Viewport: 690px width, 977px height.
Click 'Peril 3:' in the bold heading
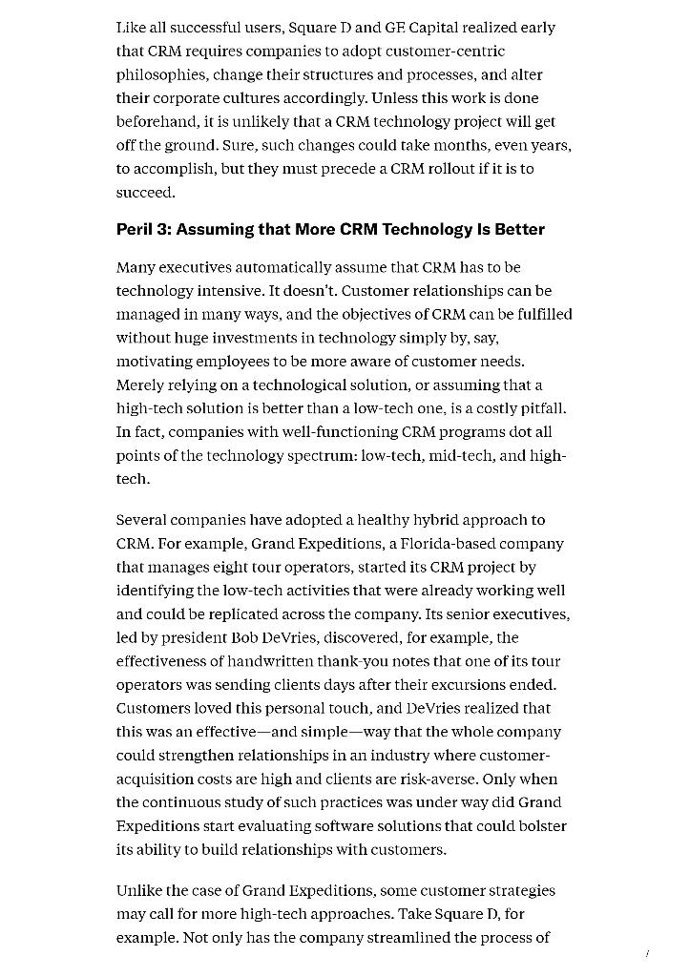tap(143, 229)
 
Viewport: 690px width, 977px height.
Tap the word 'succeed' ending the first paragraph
tap(144, 193)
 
